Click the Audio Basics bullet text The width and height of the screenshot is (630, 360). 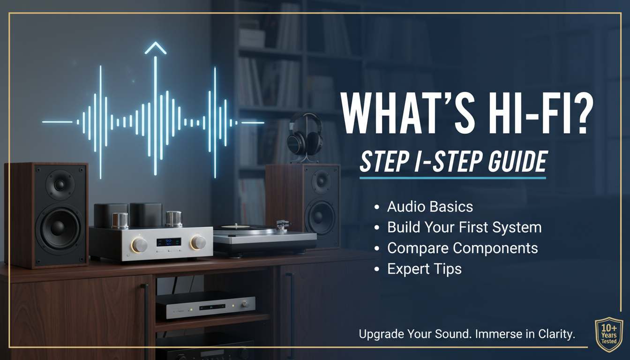(x=430, y=207)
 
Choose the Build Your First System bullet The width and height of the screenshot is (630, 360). (x=464, y=227)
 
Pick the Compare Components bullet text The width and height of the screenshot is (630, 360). (x=462, y=248)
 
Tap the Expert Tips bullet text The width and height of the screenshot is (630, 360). (x=424, y=269)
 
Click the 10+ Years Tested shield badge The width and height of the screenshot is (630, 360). (x=608, y=334)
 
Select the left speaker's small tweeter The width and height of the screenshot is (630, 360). (x=60, y=184)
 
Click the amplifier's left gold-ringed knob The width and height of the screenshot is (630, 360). (x=139, y=244)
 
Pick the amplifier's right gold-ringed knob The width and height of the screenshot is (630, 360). (x=198, y=242)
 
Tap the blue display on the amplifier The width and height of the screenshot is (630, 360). (x=168, y=242)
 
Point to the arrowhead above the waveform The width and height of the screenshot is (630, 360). (x=155, y=48)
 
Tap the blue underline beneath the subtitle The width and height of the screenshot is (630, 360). (x=452, y=178)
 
